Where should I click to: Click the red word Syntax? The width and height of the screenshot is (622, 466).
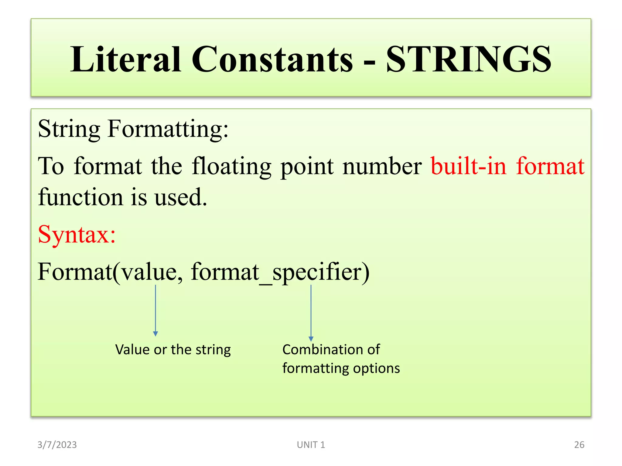tap(77, 235)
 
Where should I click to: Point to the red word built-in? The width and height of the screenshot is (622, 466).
tap(469, 166)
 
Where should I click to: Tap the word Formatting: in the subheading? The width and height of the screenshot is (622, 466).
tap(168, 129)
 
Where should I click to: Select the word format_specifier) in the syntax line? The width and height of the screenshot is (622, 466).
tap(280, 272)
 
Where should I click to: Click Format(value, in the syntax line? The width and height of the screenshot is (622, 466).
tap(110, 272)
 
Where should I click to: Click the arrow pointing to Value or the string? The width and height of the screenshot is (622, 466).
tap(155, 311)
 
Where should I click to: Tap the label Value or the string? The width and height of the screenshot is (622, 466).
tap(173, 349)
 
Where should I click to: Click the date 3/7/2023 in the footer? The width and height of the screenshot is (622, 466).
tap(57, 445)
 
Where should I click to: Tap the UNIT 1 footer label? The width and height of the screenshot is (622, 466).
tap(311, 445)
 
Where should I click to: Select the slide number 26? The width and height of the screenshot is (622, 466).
tap(579, 445)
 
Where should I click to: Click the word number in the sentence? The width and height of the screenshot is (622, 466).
tap(382, 166)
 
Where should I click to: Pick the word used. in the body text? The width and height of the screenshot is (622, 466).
tap(181, 197)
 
